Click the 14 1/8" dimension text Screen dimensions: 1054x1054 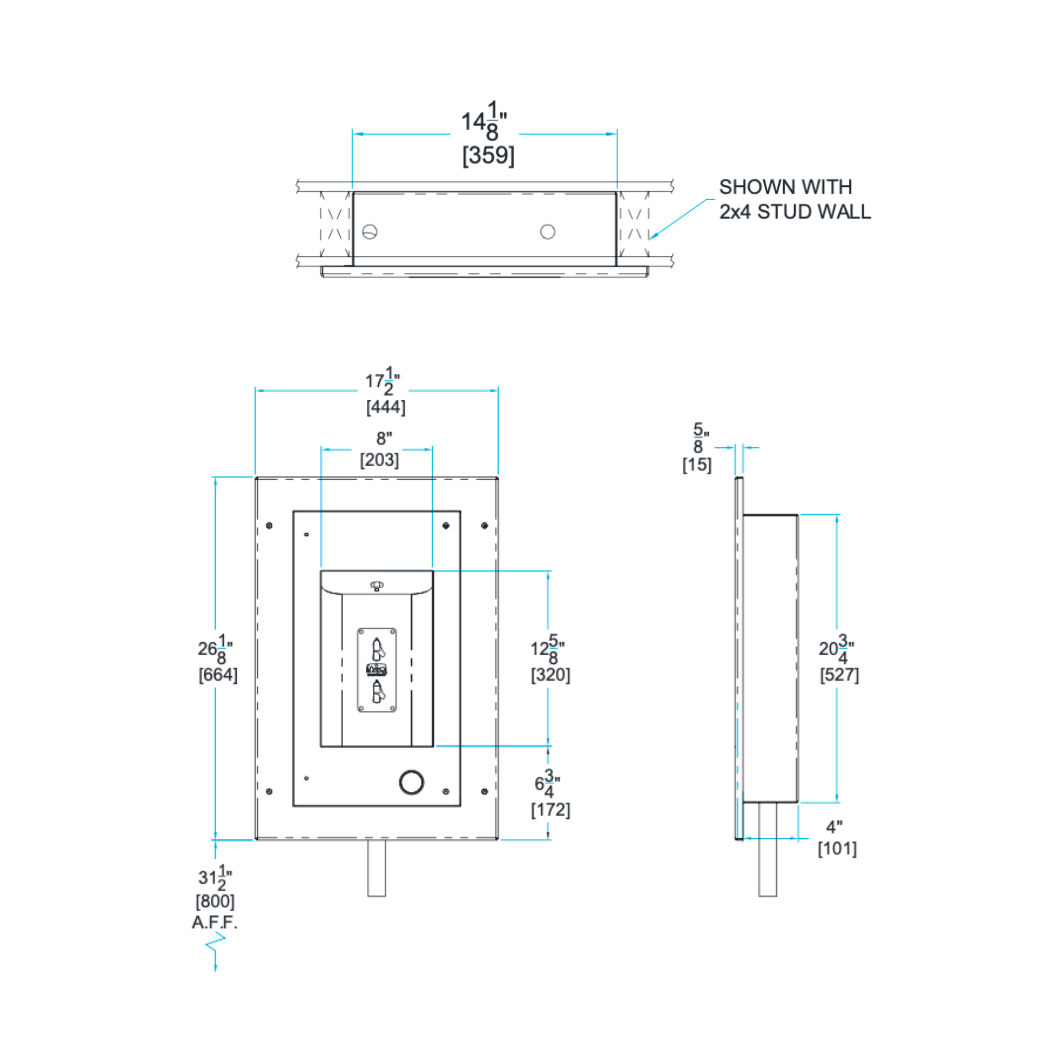484,121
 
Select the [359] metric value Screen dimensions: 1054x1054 488,155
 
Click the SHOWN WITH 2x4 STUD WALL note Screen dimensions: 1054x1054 794,199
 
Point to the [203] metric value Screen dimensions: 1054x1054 379,460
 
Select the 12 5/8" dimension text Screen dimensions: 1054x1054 548,648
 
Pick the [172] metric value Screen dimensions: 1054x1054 551,810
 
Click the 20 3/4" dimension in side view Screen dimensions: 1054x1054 836,648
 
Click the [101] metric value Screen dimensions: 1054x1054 837,849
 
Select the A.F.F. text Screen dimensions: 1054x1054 215,923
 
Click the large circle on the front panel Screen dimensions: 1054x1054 411,782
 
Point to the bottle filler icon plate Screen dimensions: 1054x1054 377,670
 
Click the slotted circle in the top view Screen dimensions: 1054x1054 370,232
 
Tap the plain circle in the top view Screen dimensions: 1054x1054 548,232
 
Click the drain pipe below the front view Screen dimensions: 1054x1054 376,867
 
